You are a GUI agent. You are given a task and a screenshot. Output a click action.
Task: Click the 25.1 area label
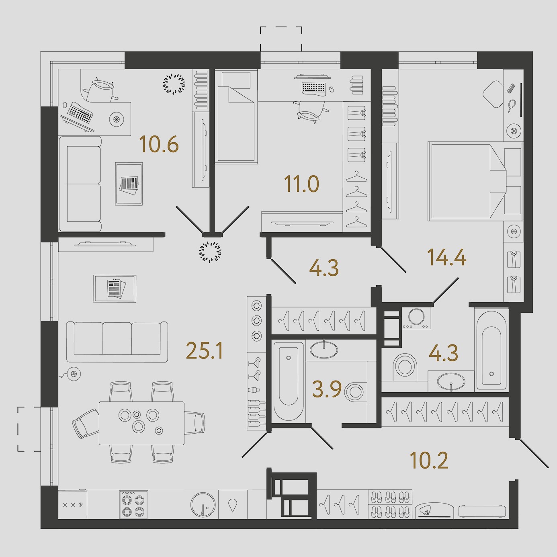(205, 350)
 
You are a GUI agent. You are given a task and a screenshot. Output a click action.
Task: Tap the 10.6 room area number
(159, 144)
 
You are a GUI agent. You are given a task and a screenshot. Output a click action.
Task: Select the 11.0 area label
(301, 184)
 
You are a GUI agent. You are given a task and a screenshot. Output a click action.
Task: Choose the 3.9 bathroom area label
(327, 389)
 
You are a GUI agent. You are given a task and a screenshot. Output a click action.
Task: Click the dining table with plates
(141, 423)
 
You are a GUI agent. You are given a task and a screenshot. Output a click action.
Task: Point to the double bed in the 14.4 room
(475, 181)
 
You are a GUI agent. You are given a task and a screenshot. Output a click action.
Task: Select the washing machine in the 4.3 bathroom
(417, 317)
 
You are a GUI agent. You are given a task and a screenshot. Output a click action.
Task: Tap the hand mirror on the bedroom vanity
(511, 106)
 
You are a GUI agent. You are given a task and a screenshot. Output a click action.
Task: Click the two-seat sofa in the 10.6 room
(81, 184)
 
